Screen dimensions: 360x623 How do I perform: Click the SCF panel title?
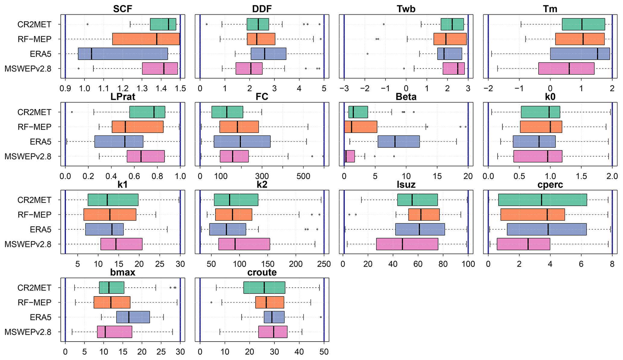[123, 9]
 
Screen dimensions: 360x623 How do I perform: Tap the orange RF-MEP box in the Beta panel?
[360, 127]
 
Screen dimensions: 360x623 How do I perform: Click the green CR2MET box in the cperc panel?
[543, 200]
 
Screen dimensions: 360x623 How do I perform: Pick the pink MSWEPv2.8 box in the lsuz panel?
[407, 244]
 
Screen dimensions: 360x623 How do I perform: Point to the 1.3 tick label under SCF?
[142, 89]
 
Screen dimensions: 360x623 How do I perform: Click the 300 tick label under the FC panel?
[262, 176]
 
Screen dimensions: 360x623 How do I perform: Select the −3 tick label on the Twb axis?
[344, 89]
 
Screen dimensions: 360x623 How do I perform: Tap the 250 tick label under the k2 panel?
[324, 264]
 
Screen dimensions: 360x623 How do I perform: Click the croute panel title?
[262, 272]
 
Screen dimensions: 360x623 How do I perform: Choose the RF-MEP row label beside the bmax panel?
[34, 302]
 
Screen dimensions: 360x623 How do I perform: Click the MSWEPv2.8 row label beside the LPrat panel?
[28, 156]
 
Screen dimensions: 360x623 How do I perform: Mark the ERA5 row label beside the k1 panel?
[41, 229]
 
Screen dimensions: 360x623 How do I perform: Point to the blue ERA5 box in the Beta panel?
[398, 142]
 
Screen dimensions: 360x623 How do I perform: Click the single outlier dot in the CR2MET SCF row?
[87, 24]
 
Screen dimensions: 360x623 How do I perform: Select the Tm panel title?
[550, 9]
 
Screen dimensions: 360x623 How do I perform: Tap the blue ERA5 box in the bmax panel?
[133, 317]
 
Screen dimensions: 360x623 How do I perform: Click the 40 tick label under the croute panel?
[299, 352]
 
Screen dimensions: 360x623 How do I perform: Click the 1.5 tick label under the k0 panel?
[581, 176]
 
